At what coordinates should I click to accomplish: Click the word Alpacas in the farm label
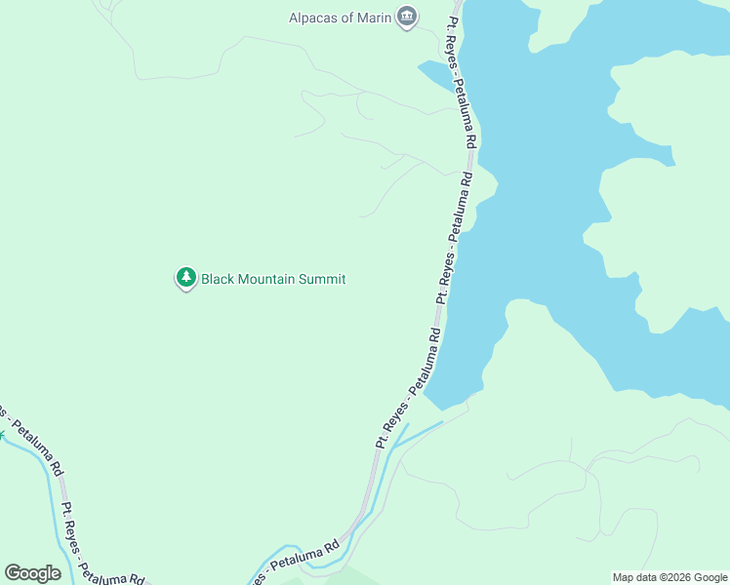coord(314,17)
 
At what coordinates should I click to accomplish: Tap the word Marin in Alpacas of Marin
coord(373,17)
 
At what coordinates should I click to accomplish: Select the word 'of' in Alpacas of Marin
coord(347,17)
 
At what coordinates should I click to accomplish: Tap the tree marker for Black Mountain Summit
coord(185,278)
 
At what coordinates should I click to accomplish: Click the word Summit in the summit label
coord(324,279)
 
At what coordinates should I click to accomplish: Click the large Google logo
coord(32,573)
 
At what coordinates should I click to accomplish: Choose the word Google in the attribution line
coord(709,577)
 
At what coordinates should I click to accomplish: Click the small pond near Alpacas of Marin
coord(434,74)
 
